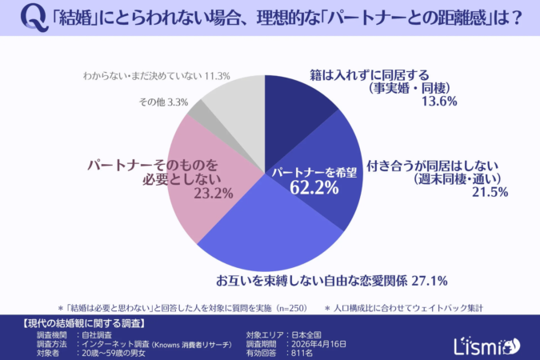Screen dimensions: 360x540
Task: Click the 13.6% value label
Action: coord(440,102)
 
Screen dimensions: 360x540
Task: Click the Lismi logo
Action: coord(492,344)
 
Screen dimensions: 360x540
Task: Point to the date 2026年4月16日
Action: coord(320,343)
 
